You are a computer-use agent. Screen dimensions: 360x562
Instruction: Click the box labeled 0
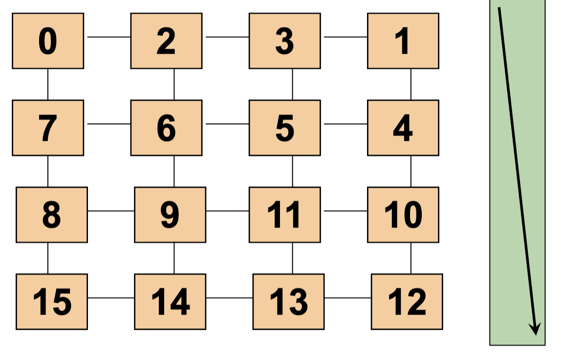[x=48, y=41]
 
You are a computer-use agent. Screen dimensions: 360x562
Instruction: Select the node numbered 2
[x=166, y=41]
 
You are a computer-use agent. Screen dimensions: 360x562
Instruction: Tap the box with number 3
[x=284, y=41]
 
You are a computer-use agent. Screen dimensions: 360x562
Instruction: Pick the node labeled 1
[x=403, y=41]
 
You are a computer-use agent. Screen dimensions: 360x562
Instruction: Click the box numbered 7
[x=48, y=128]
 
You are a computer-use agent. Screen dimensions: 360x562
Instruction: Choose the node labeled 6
[x=166, y=128]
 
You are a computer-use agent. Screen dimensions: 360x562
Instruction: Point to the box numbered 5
[x=284, y=128]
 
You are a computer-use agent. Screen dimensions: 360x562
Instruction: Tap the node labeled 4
[x=403, y=128]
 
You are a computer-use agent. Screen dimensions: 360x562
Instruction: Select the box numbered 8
[x=52, y=215]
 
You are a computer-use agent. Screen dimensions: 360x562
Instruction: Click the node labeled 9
[x=170, y=215]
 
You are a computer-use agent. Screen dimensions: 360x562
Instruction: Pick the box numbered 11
[x=284, y=215]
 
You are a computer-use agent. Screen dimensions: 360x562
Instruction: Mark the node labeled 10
[x=403, y=215]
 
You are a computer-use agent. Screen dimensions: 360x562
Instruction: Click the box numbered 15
[x=52, y=302]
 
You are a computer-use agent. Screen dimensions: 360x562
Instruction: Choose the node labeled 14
[x=170, y=302]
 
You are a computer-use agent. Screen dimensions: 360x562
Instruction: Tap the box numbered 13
[x=288, y=302]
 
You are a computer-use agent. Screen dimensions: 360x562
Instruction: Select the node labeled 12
[x=407, y=302]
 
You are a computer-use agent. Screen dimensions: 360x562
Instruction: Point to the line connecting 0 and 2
[x=109, y=37]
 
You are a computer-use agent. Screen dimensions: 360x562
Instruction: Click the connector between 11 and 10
[x=346, y=211]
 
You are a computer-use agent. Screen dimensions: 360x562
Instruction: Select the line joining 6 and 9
[x=174, y=171]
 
